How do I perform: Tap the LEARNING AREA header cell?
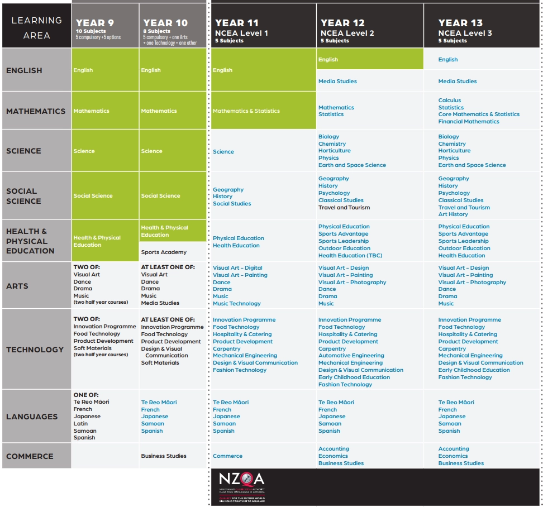37,27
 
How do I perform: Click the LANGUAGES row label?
32,417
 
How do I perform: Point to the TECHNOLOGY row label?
35,350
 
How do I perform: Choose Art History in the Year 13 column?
453,214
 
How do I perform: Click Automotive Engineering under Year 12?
351,356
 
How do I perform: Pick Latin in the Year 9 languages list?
80,424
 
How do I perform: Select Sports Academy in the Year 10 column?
164,252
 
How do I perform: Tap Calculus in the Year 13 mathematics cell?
450,101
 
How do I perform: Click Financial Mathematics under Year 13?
469,122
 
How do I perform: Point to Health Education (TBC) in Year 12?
350,256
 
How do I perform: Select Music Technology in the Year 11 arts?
236,304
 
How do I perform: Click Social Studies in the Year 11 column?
232,204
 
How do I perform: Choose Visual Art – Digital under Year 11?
237,268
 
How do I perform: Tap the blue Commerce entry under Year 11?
227,456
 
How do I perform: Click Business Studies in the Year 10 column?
164,456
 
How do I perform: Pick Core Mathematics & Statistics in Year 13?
479,114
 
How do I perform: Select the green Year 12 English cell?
370,60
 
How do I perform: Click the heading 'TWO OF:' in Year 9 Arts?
87,267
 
